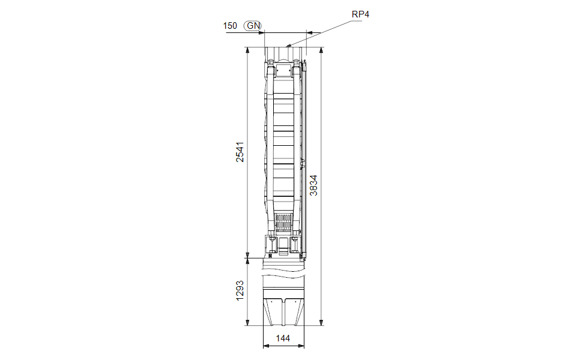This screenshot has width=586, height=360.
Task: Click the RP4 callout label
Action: coord(360,14)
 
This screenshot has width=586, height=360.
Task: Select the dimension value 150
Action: coord(230,26)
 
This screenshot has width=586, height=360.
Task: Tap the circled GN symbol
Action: coord(253,25)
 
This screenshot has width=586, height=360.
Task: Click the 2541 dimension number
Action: coord(240,152)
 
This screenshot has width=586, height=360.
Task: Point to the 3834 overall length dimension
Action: coord(314,185)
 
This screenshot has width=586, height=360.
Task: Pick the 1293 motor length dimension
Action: coord(240,290)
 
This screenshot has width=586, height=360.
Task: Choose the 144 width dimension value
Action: coord(283,338)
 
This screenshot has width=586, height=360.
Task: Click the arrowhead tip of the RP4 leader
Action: coord(286,46)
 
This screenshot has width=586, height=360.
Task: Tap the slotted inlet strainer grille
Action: coord(283,223)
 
